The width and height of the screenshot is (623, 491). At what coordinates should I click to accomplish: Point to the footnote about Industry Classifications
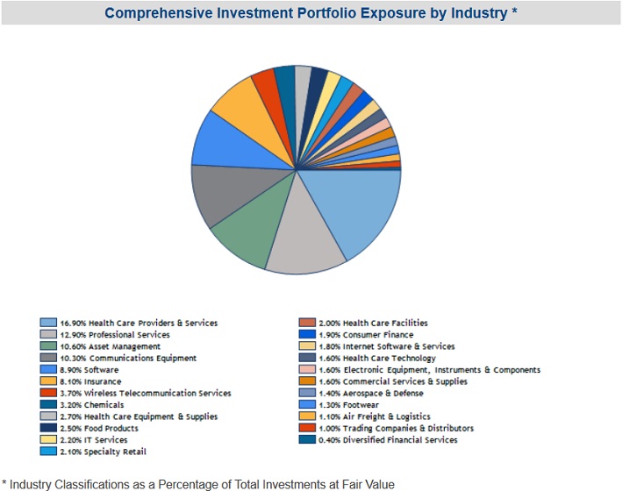[198, 483]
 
